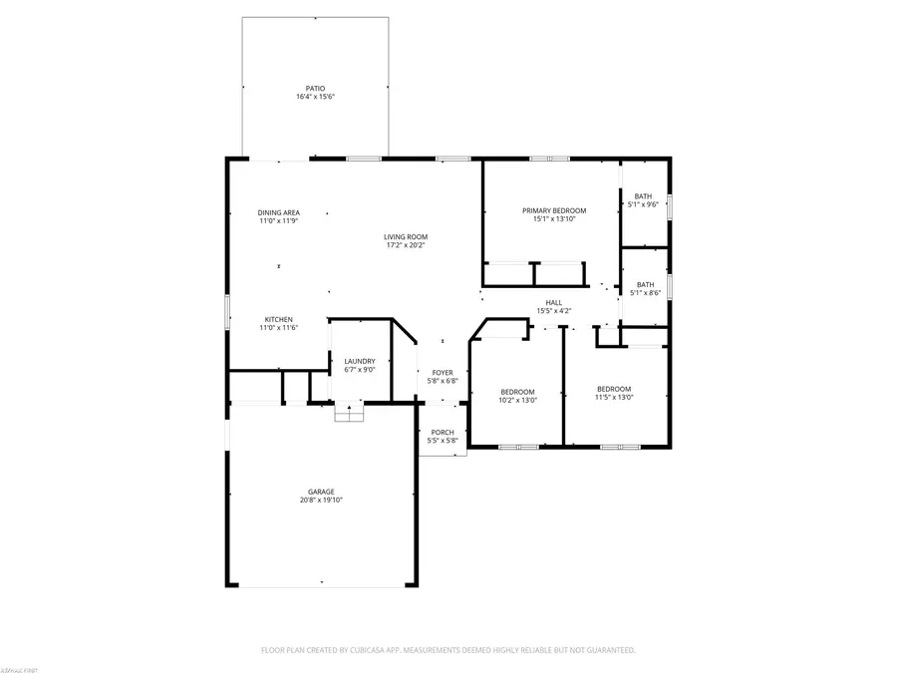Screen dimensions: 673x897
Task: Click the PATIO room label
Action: (x=315, y=88)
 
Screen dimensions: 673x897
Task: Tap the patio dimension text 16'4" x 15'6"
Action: (x=315, y=97)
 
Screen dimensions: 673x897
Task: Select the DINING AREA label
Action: (x=279, y=212)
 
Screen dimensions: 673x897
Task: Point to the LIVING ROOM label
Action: (x=406, y=236)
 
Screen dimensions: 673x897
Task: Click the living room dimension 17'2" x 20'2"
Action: (x=406, y=245)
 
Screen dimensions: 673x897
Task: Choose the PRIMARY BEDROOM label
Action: (x=554, y=210)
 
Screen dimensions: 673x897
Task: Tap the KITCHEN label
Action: (x=278, y=319)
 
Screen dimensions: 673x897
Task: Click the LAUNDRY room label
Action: (x=360, y=361)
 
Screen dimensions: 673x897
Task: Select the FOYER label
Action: (x=442, y=372)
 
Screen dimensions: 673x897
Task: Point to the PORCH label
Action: (x=443, y=432)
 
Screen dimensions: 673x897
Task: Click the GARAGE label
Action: (x=321, y=491)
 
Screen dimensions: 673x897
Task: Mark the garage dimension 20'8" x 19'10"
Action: (x=321, y=500)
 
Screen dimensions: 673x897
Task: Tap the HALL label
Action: (x=553, y=302)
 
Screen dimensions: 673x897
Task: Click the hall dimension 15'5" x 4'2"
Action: (x=553, y=311)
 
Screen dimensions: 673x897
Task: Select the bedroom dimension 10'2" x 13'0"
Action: (x=518, y=400)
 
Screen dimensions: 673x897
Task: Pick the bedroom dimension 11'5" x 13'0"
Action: (x=614, y=397)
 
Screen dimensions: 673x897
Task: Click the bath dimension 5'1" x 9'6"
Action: (x=645, y=204)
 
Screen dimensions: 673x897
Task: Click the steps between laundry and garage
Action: (x=348, y=413)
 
